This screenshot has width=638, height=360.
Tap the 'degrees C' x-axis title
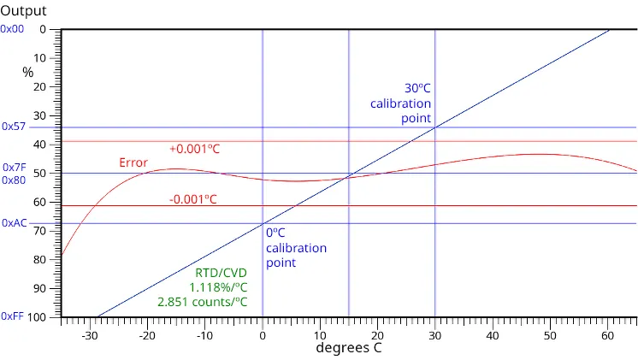coord(349,348)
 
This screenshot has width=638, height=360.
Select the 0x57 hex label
coord(14,126)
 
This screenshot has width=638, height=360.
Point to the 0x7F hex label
coord(14,168)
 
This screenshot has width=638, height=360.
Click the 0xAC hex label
coord(14,222)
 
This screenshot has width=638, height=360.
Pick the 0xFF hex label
coord(13,316)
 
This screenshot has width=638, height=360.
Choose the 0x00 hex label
coord(13,28)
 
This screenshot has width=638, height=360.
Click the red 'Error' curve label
coord(133,162)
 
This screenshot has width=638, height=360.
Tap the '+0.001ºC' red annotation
coord(194,149)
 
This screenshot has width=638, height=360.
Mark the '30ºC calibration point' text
coord(401,103)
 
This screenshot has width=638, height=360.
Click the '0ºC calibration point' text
coord(295,247)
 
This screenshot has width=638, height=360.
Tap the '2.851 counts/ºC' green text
coord(203,302)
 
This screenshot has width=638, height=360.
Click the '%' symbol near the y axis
coord(28,73)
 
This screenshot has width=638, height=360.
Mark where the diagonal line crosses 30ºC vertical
coord(435,127)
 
